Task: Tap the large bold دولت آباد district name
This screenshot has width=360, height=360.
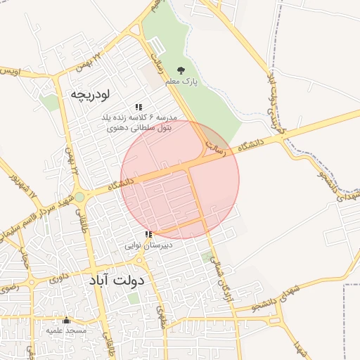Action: tap(116, 280)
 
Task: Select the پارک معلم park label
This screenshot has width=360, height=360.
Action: tap(181, 82)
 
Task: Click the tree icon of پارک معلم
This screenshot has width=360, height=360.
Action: tap(181, 70)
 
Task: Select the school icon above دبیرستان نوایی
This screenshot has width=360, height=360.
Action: tap(148, 234)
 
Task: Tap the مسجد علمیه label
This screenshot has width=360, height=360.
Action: tap(66, 330)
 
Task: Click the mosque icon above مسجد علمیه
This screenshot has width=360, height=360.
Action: tap(67, 320)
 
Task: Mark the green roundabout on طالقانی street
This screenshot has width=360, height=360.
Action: tap(80, 198)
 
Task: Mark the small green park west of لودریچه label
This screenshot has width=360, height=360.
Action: tap(49, 103)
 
